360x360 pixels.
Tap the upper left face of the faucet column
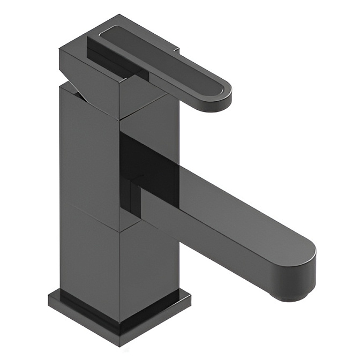coord(88,155)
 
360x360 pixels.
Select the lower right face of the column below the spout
coord(153,268)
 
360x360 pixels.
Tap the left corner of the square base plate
coord(49,297)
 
